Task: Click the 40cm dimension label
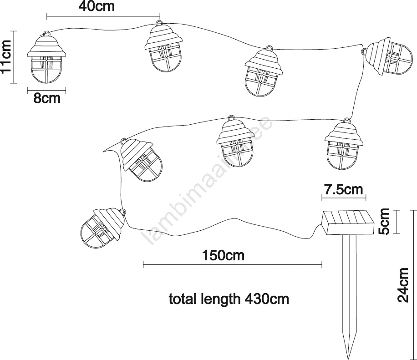point(97,6)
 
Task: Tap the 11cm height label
point(6,56)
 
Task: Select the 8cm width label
point(47,98)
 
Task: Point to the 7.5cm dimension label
point(344,190)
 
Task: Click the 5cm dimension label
point(384,222)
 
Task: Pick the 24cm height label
point(403,285)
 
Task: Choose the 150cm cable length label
point(223,255)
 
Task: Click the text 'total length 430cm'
point(229,299)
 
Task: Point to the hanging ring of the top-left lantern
point(47,34)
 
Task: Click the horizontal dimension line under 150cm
point(233,265)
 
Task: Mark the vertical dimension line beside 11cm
point(14,57)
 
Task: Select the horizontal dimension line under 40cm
point(103,16)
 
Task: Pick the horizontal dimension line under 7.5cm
point(344,197)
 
